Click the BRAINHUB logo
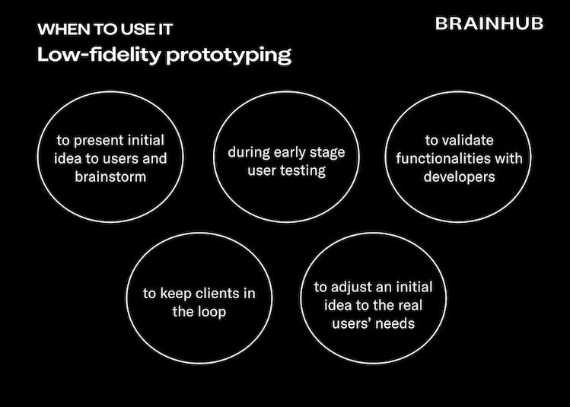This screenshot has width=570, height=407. (489, 24)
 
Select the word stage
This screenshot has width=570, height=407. (326, 153)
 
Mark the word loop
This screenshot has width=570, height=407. (209, 311)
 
